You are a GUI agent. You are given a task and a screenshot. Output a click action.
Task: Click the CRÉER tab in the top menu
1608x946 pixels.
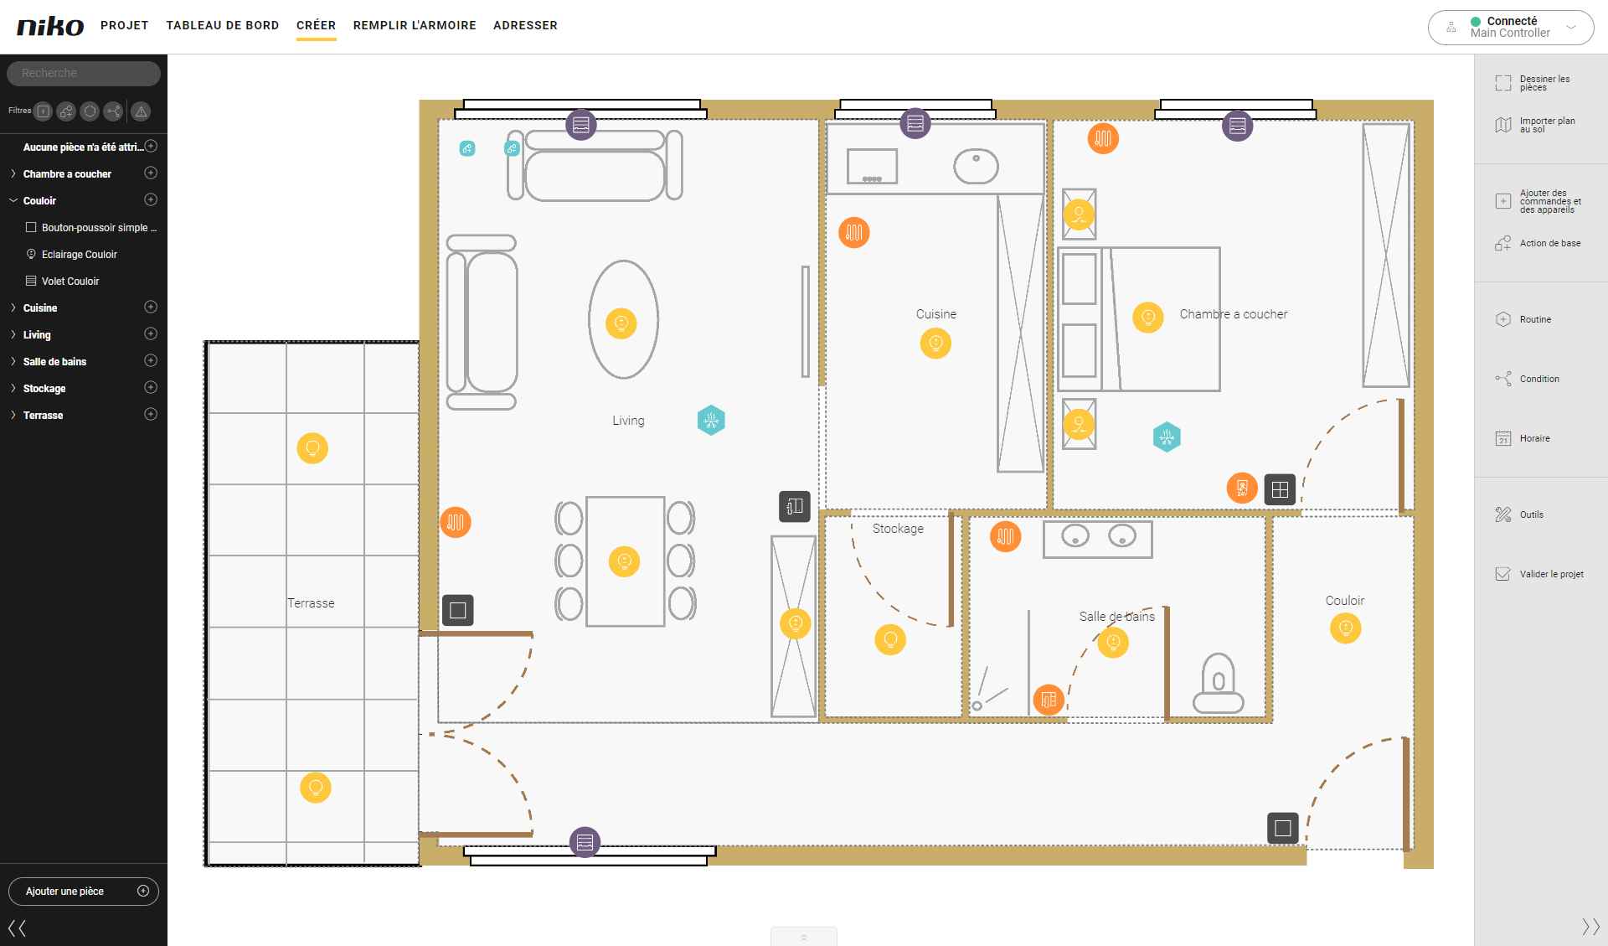tap(316, 25)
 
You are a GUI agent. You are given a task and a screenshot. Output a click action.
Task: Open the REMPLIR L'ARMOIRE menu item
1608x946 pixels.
tap(415, 25)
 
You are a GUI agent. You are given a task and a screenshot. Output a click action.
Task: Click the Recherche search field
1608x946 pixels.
tap(84, 73)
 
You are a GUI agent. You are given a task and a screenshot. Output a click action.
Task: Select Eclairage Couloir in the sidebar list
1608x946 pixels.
tap(80, 255)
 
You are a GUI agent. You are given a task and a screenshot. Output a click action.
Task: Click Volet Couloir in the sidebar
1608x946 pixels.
tap(70, 282)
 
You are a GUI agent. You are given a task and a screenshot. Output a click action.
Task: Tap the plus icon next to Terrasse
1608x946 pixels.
tap(151, 414)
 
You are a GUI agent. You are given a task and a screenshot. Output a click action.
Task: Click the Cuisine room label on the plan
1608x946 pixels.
tap(936, 314)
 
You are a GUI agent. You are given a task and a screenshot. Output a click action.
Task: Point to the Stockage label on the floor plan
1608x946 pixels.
tap(898, 529)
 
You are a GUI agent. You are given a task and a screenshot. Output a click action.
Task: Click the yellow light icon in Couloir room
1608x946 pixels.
tap(1346, 628)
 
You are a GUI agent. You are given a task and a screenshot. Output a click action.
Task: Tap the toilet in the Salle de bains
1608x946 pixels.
tap(1219, 683)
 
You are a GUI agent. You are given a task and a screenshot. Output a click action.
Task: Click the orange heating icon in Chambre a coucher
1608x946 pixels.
tap(1103, 138)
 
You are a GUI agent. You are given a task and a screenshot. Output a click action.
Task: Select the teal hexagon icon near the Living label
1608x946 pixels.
tap(711, 420)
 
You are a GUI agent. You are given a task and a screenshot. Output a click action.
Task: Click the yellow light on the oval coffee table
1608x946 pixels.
tap(621, 323)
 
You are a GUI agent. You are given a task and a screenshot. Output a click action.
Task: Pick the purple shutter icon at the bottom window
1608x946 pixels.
tap(585, 842)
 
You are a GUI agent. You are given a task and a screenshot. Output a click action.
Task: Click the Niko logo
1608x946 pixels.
tap(50, 26)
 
